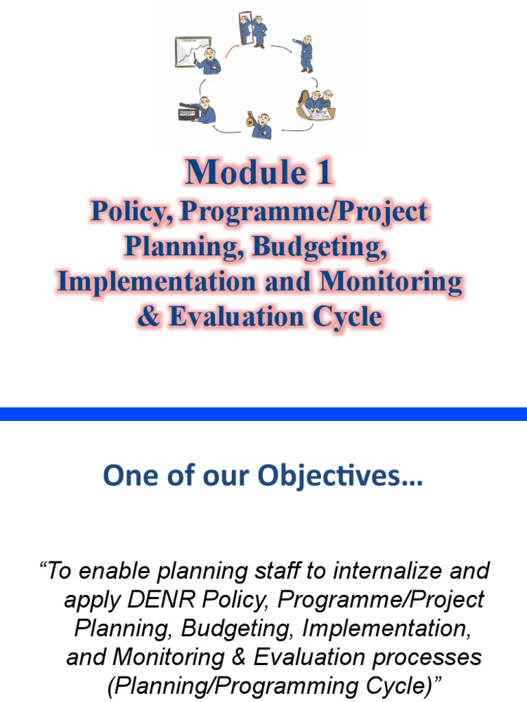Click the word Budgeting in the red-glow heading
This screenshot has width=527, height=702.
[x=320, y=247]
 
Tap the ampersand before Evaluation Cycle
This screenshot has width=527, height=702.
[x=148, y=317]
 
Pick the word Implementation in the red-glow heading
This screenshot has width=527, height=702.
[x=159, y=282]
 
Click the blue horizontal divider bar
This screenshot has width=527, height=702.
[x=263, y=413]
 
